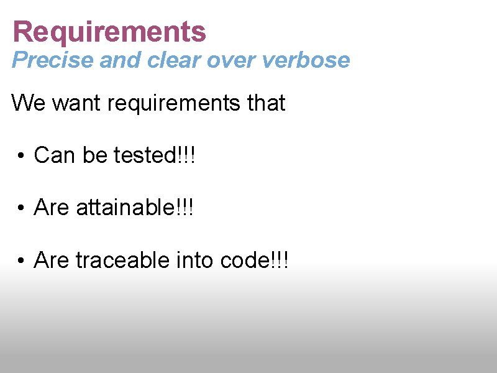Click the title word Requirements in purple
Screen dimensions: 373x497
[109, 32]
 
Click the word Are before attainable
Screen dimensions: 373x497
[52, 208]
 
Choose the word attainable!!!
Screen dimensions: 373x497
[135, 208]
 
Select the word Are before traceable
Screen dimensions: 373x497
[52, 260]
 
